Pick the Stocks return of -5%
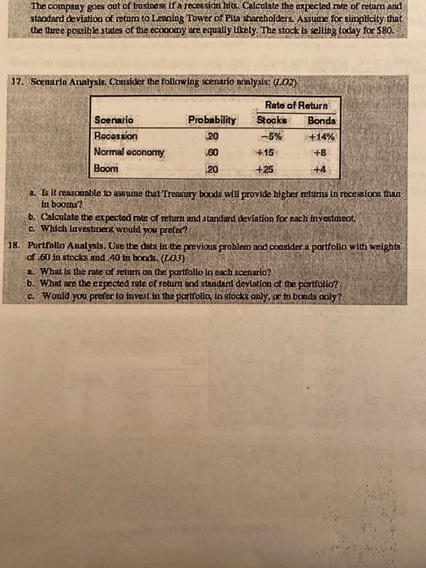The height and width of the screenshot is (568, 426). [x=270, y=136]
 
